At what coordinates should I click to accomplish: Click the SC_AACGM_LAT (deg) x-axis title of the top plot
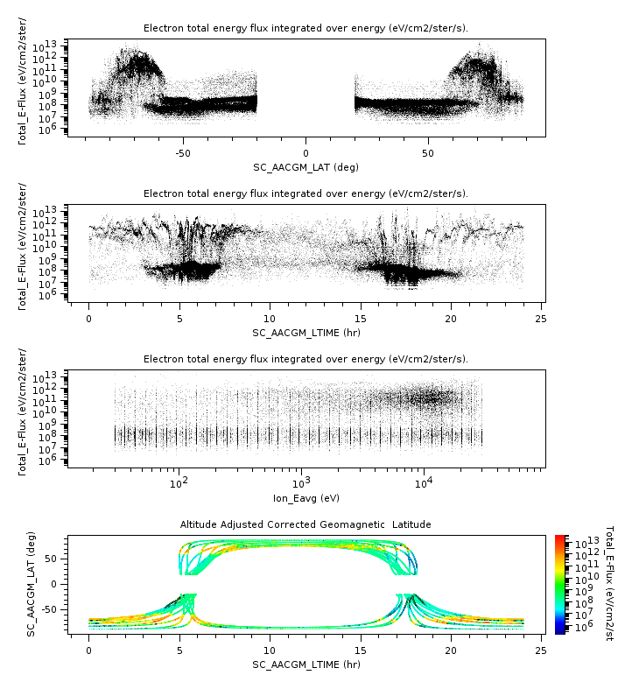click(305, 167)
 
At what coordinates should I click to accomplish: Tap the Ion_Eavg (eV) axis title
click(305, 498)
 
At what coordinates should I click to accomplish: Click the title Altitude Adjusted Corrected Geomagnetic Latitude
click(305, 524)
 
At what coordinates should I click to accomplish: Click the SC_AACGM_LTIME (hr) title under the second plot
click(305, 333)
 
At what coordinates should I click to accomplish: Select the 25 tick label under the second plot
click(541, 319)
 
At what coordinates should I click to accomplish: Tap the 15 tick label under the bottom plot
click(360, 650)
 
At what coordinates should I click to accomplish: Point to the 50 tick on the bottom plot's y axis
click(56, 558)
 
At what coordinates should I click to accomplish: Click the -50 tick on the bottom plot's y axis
click(53, 608)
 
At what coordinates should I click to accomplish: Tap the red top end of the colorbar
click(560, 538)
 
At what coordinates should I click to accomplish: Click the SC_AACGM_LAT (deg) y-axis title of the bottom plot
click(32, 583)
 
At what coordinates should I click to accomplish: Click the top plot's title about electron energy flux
click(305, 29)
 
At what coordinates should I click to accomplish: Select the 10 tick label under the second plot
click(270, 319)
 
